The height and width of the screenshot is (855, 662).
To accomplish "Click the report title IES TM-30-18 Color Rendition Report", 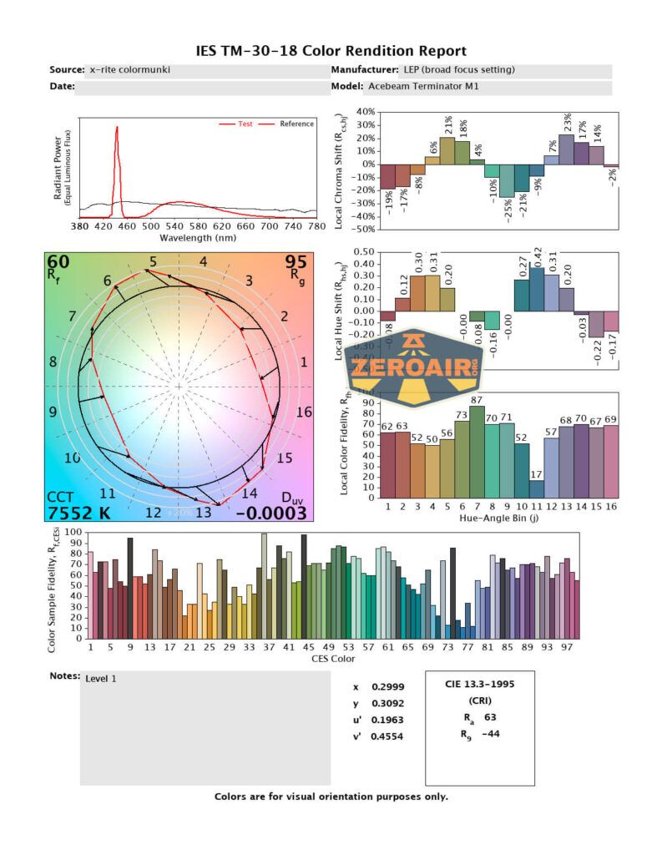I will point(331,51).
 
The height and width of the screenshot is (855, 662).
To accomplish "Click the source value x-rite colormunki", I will point(129,70).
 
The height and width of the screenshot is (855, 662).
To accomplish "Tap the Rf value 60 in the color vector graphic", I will point(58,263).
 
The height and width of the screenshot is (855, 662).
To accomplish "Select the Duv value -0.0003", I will point(270,513).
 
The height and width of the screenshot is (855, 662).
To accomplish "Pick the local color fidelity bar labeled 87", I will point(477,453).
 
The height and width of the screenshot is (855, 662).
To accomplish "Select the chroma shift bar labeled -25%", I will point(507,180).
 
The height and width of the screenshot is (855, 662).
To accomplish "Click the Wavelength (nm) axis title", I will point(199,236).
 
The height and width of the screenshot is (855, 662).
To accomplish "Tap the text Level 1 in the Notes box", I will point(101,679).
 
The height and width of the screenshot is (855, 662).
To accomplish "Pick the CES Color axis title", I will point(332,658).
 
